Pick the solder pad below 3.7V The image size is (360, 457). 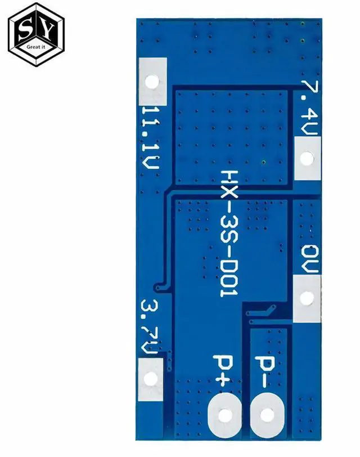[151, 378]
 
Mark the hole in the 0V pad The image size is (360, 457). [307, 298]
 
